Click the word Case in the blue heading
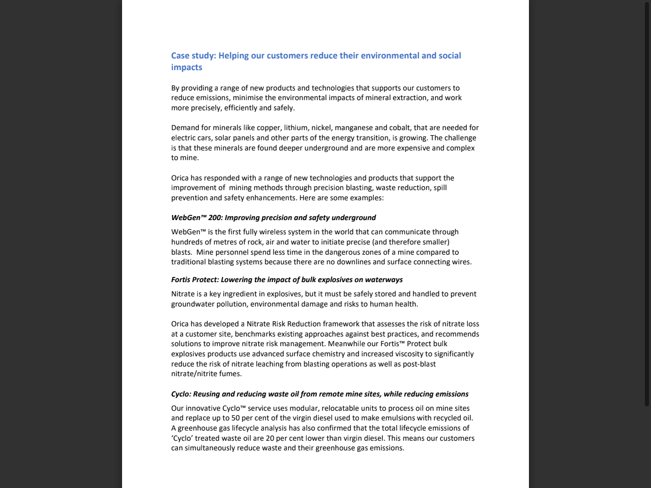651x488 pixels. (x=180, y=56)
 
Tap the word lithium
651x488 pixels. (x=295, y=128)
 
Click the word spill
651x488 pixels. (x=440, y=188)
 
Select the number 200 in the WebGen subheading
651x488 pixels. (x=215, y=218)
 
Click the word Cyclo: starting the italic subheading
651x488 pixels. (x=181, y=394)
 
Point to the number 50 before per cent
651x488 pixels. (x=235, y=418)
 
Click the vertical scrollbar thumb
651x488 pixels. (x=647, y=203)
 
